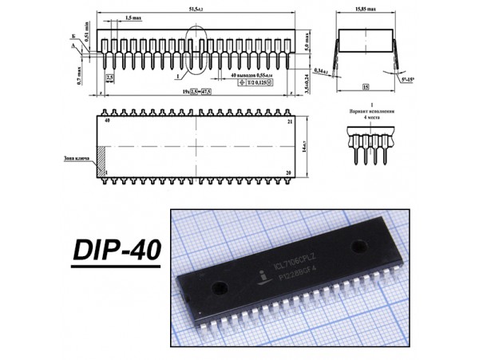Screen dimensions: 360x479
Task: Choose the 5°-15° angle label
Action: pos(407,80)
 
